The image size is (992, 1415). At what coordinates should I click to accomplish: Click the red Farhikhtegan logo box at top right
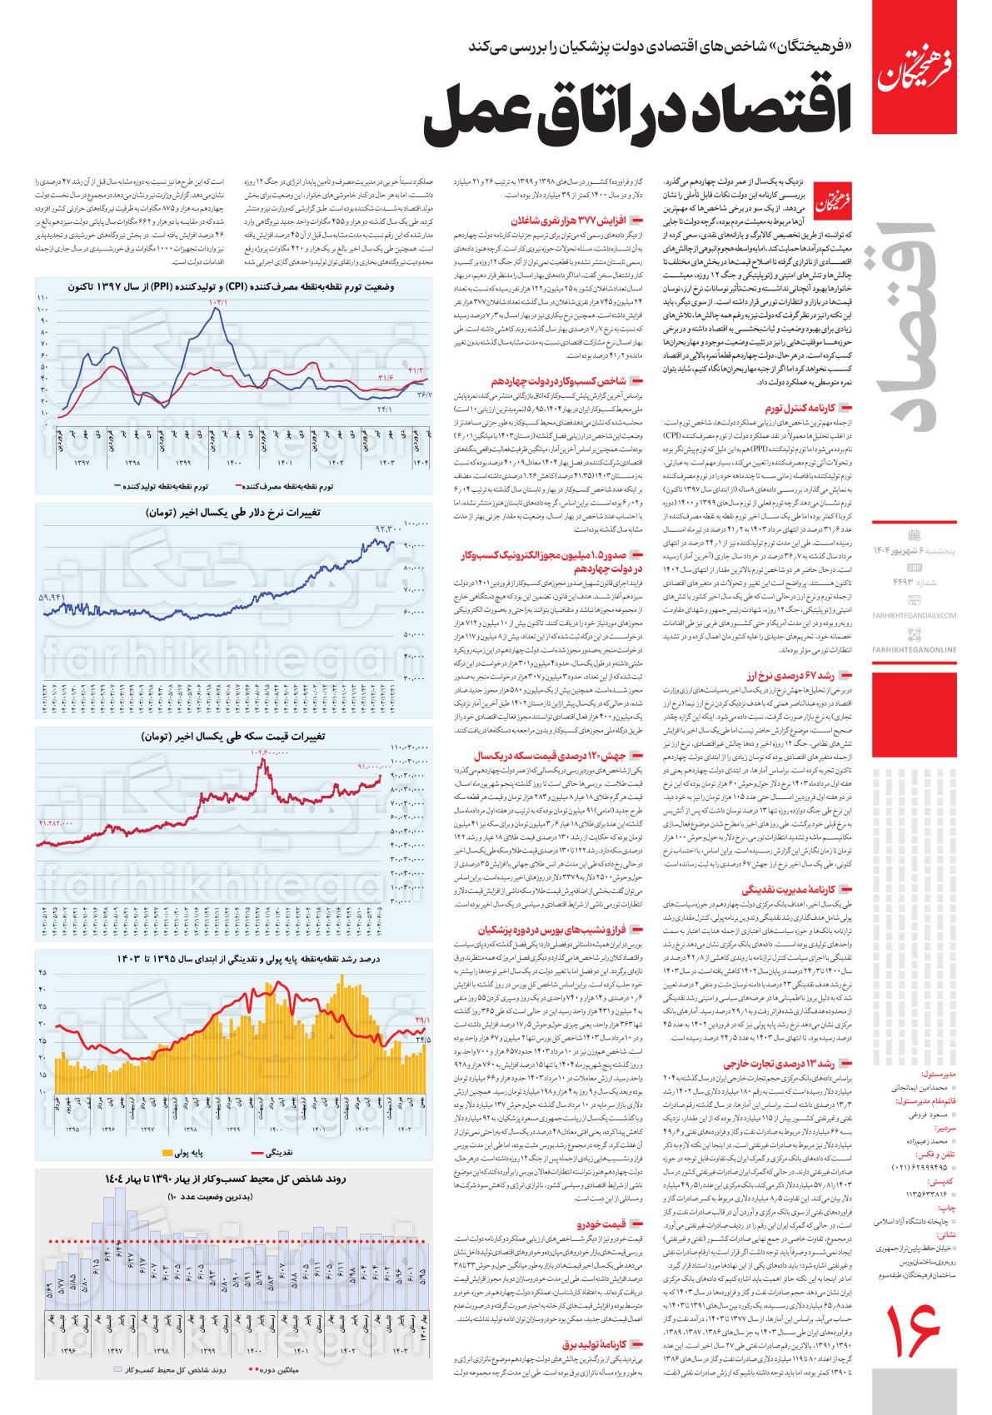[921, 67]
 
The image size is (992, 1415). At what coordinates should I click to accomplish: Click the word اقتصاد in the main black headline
[750, 117]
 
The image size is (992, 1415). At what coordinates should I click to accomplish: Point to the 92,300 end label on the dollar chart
[388, 528]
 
